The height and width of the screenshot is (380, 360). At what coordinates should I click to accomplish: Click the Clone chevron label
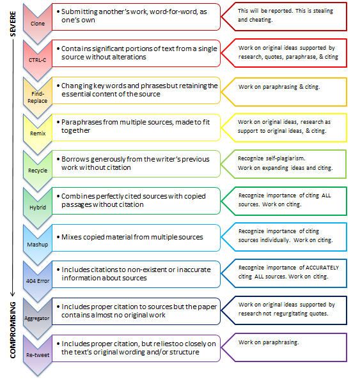tap(38, 24)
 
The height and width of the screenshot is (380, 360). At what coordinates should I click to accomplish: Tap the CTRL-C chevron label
tap(37, 60)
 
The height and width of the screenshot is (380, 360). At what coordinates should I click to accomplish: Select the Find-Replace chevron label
tap(37, 97)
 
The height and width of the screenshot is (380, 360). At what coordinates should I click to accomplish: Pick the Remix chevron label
tap(38, 133)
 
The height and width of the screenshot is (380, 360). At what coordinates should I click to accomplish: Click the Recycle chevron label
tap(38, 171)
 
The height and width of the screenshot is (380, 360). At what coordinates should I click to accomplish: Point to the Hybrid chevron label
tap(38, 208)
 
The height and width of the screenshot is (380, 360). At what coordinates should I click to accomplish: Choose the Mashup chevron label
tap(38, 245)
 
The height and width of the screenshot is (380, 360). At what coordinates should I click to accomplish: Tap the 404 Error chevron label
tap(38, 281)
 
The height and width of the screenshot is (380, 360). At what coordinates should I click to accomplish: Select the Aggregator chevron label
tap(37, 318)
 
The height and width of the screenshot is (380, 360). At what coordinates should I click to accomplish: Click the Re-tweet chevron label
tap(38, 355)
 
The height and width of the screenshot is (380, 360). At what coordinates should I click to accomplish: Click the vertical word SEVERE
tap(13, 24)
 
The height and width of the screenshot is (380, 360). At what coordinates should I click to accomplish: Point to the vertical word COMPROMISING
tap(13, 330)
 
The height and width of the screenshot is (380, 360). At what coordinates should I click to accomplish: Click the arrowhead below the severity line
tap(13, 294)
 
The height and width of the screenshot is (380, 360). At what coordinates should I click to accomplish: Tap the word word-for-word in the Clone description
tap(173, 11)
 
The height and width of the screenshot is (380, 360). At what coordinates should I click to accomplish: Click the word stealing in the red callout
tap(323, 11)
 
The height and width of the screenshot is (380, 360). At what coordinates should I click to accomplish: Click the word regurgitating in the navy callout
tap(292, 314)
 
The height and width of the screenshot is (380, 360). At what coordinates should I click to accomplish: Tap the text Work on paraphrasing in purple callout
tap(269, 342)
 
